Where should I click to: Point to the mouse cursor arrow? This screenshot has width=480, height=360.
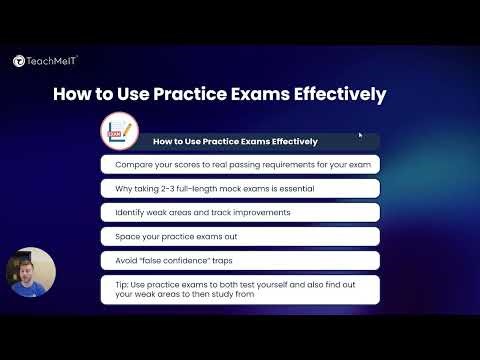[360, 135]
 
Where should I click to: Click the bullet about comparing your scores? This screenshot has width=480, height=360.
[240, 163]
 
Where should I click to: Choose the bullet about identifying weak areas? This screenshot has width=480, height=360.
[240, 212]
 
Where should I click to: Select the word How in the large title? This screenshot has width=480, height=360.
[71, 95]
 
